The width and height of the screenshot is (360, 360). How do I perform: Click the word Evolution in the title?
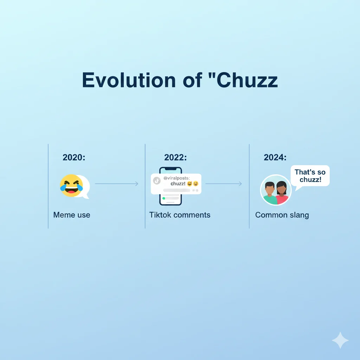pos(129,80)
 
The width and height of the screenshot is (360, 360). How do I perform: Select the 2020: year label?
pos(74,157)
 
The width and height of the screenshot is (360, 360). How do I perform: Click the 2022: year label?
pos(175,157)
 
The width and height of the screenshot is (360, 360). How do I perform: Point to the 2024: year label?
pos(275,157)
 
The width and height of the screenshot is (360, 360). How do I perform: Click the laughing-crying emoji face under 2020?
pos(71,185)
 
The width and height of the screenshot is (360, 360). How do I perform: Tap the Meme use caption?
pos(72,215)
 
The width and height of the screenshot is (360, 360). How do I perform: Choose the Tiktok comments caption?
pos(180,215)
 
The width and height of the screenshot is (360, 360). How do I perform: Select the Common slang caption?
pos(282,215)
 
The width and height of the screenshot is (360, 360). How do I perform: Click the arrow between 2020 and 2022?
pos(117,184)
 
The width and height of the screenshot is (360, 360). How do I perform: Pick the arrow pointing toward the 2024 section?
pos(224,184)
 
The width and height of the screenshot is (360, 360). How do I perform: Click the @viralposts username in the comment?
pos(176,178)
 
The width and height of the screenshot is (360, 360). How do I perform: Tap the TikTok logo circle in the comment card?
pos(157,180)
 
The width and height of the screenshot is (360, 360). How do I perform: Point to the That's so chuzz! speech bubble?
pos(310,176)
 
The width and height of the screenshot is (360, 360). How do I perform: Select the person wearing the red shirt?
pos(282,193)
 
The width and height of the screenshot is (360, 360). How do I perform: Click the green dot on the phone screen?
pos(163,198)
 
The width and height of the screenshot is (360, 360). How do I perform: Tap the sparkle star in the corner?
pos(340,340)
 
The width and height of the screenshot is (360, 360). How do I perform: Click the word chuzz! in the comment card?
pos(178,184)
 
